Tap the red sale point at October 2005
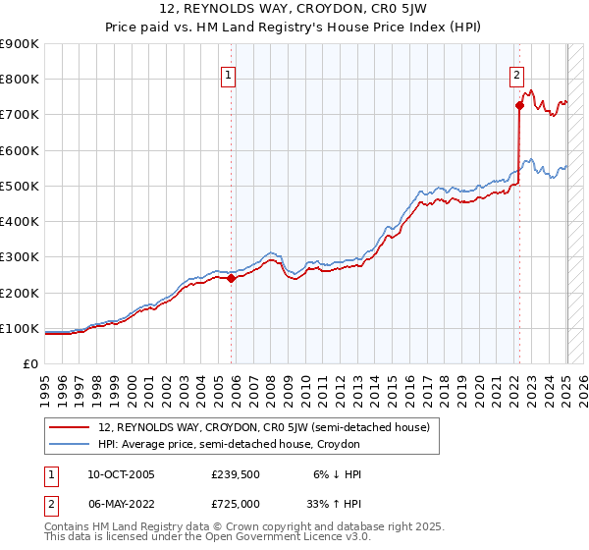[x=232, y=278]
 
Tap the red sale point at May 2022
[x=519, y=105]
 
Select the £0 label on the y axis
[x=31, y=364]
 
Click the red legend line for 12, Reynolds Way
[x=70, y=426]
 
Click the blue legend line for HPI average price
[x=70, y=444]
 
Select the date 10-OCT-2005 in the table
[x=121, y=474]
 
